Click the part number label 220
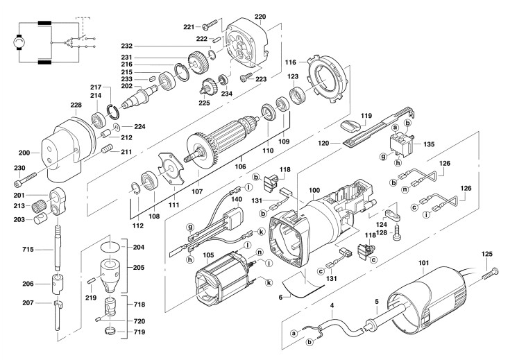click(260, 17)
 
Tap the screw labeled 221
click(210, 24)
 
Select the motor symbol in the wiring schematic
click(19, 42)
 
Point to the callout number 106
click(240, 166)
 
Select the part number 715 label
click(28, 250)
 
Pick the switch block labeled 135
click(401, 144)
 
